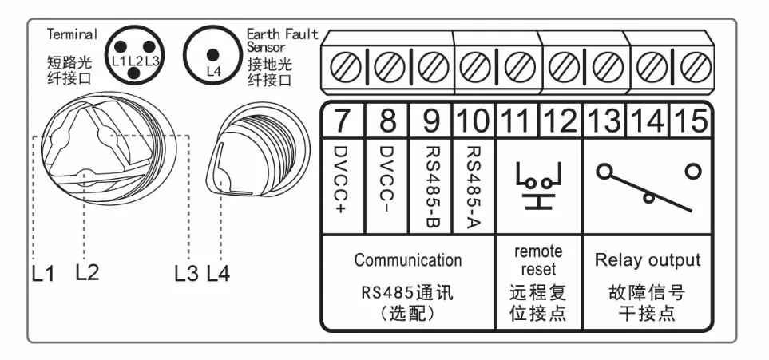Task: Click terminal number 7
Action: [x=343, y=122]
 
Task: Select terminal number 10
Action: [x=473, y=122]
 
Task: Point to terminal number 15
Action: [x=689, y=122]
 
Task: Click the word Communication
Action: [x=407, y=260]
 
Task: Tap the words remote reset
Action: [x=538, y=260]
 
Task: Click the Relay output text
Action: [x=647, y=260]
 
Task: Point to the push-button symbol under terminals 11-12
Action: [x=538, y=184]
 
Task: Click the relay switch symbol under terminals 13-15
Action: [x=647, y=183]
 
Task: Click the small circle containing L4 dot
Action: [x=212, y=55]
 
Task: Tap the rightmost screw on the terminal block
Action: [x=697, y=65]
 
